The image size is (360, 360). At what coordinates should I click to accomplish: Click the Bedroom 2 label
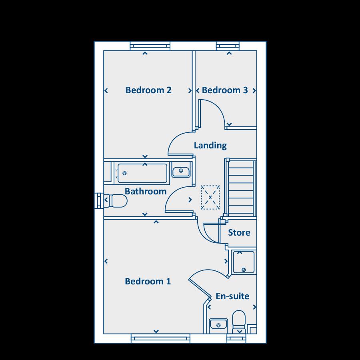point(148,90)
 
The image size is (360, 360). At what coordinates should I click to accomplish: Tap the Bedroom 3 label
point(225,90)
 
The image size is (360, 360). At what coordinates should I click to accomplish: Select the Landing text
point(210,145)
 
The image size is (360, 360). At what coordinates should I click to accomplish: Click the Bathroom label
point(146,191)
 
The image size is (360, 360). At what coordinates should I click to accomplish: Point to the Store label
point(239,232)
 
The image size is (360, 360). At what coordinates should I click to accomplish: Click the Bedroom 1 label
point(148,281)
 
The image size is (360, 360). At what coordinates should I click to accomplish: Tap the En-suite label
point(232,296)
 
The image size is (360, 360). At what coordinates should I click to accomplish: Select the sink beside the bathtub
point(181,171)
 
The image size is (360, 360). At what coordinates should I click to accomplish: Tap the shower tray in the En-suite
point(243,262)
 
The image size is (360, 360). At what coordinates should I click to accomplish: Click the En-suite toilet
point(239,321)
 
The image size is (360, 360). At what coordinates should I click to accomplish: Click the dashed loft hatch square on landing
point(210,197)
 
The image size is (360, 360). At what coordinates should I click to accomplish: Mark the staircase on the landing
point(240,188)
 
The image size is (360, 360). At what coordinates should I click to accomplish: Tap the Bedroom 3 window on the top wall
point(230,46)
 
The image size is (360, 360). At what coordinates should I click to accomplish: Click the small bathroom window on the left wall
point(98,200)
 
